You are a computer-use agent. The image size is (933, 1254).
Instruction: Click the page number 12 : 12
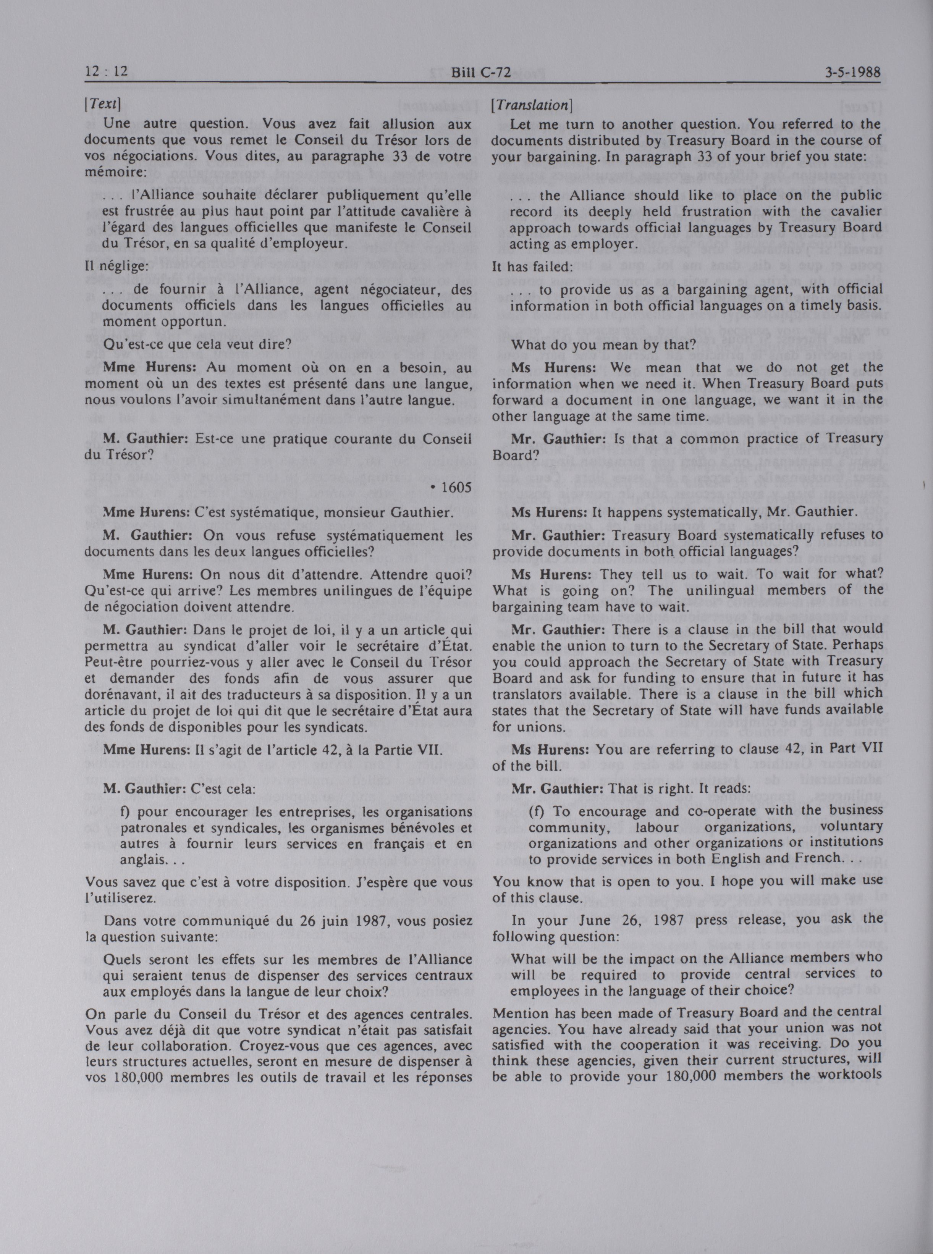106,72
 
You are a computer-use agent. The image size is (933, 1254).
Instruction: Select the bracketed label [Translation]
532,105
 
